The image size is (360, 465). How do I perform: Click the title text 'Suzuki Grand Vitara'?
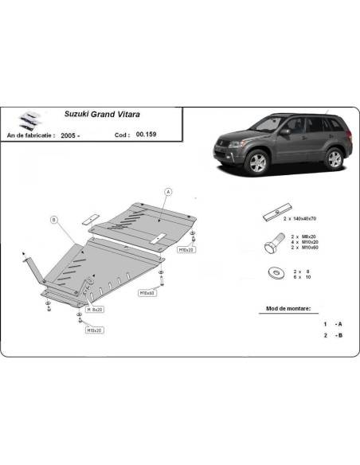tap(101, 114)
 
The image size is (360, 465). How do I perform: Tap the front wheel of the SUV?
tap(258, 163)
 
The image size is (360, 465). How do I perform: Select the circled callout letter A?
tap(168, 192)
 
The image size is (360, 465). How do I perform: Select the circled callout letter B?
tap(53, 219)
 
